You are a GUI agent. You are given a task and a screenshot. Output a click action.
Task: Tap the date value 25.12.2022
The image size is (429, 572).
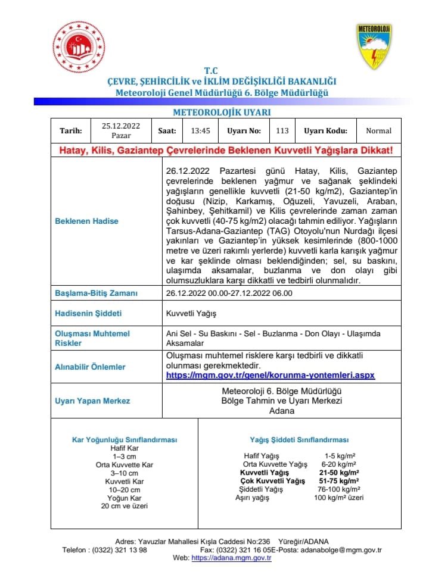(x=121, y=126)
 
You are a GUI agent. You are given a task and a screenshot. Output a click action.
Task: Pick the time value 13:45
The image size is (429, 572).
(x=200, y=131)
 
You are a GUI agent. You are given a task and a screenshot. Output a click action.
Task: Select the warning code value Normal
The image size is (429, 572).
(x=378, y=131)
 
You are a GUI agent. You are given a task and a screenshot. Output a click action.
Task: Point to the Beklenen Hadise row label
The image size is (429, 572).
(x=87, y=221)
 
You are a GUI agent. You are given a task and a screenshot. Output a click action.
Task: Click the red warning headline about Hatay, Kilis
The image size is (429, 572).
(x=226, y=151)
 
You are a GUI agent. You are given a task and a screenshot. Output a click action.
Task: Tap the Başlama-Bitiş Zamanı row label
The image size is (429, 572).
(x=97, y=293)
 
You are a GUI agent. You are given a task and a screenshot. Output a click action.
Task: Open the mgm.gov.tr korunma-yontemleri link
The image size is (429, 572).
(x=270, y=376)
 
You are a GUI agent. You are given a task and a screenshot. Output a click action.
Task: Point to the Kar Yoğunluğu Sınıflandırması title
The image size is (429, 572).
(x=125, y=440)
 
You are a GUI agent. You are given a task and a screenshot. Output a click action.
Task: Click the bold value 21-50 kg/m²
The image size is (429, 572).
(x=338, y=472)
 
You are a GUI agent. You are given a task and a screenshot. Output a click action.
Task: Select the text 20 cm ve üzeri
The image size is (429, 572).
(x=125, y=506)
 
